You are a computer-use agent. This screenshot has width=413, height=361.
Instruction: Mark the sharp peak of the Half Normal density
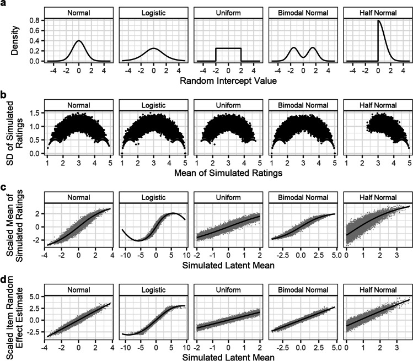pyautogui.click(x=362, y=21)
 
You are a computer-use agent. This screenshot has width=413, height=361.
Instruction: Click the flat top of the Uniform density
pyautogui.click(x=228, y=49)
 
